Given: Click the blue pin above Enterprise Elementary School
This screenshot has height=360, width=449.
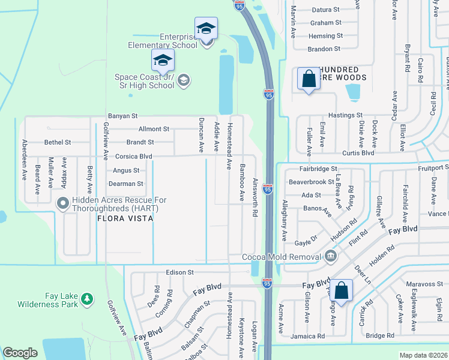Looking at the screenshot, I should point(205,28).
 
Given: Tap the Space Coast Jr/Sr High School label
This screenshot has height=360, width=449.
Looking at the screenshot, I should point(144,81).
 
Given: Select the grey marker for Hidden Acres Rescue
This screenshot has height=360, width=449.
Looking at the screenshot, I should point(62,204).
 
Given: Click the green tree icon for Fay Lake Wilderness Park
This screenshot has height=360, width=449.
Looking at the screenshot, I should point(87,298).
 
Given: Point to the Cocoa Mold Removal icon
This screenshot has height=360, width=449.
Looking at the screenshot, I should point(330,257).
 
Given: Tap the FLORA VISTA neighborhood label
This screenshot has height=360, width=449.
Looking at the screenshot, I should point(125,219).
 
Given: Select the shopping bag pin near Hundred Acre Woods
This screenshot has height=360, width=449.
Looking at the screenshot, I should point(309,79).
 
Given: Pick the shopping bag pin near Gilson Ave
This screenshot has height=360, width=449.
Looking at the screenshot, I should point(341,291).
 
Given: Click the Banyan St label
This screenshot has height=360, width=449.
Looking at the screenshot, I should point(122,116).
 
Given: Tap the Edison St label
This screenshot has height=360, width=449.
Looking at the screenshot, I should point(179,272).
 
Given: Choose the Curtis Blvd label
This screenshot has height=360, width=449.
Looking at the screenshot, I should point(358,153).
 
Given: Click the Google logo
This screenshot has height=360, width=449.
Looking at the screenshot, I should point(20,353).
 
